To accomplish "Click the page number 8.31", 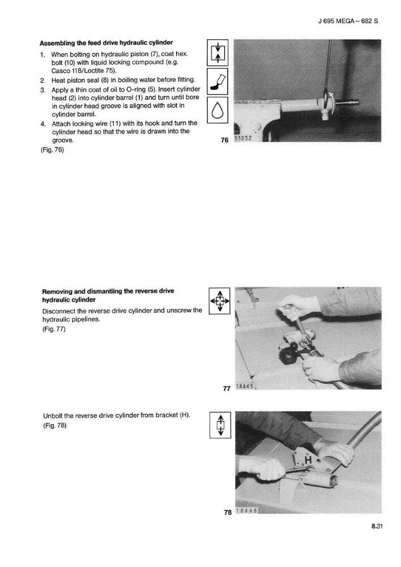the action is [377, 526].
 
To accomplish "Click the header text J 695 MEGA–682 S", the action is [348, 21].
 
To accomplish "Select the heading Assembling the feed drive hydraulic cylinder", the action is [106, 43].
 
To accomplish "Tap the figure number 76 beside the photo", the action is [224, 140].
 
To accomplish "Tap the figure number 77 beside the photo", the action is [227, 388].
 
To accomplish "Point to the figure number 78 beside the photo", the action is [228, 513].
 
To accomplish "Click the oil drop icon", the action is [217, 110].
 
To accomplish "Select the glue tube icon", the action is [217, 81].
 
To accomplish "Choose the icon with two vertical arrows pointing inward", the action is [217, 53].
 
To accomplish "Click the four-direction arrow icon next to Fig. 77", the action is [220, 301].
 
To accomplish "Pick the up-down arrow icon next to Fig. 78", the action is [220, 425].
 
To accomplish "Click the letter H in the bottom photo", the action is [308, 460].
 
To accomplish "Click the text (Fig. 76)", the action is [52, 150].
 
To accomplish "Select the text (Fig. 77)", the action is [54, 329].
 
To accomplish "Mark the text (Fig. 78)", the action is [55, 425].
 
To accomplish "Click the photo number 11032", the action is [243, 138].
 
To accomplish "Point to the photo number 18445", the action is [245, 387].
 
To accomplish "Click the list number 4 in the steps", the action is [43, 124].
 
